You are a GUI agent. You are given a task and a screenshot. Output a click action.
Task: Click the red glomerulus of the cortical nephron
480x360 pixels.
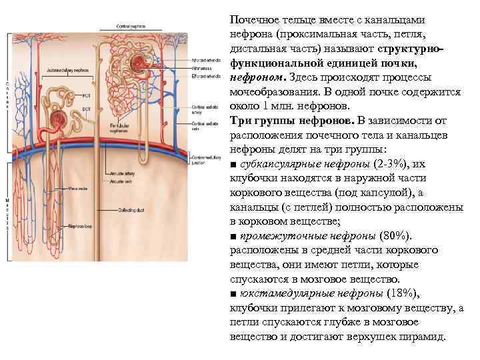click(139, 65)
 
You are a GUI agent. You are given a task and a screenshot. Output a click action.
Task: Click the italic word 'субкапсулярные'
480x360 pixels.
click(273, 165)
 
